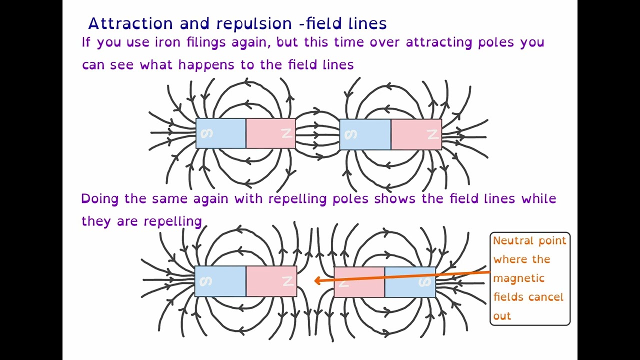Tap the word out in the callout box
tap(502, 316)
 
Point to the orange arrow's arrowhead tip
tap(315, 281)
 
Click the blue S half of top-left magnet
tap(220, 133)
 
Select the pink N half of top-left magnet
tap(270, 133)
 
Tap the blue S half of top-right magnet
tap(365, 134)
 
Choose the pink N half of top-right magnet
tap(416, 134)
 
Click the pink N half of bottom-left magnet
tap(271, 281)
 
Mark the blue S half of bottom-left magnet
tap(220, 281)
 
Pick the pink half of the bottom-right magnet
tap(359, 282)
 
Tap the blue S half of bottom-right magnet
tap(410, 282)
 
